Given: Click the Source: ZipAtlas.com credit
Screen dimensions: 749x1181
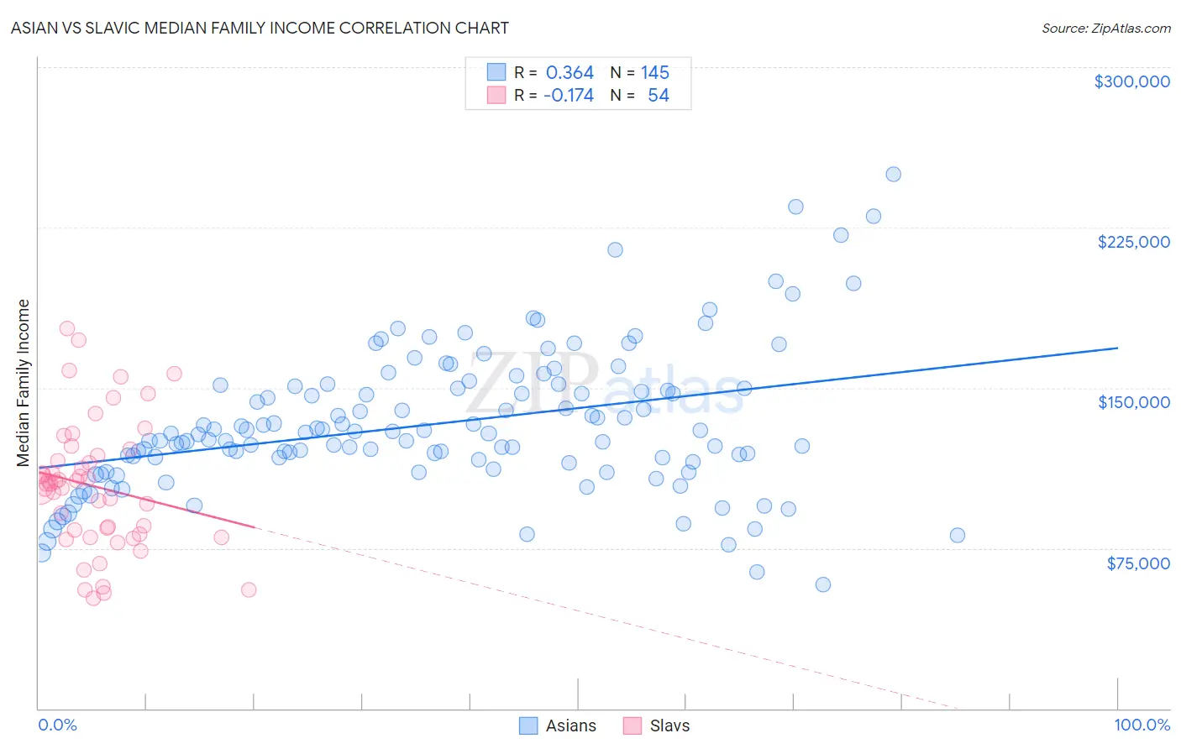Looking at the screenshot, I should tap(1105, 28).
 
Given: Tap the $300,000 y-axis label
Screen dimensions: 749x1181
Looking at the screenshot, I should tap(1131, 81).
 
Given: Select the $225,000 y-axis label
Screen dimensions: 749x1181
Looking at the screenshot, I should tap(1133, 242).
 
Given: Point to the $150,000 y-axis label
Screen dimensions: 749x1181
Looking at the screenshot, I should tap(1133, 402).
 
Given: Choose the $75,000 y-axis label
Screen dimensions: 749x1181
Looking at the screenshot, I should tap(1137, 563).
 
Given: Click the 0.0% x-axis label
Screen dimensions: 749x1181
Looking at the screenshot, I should tap(57, 725).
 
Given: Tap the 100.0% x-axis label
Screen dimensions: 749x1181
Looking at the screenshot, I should tap(1142, 725).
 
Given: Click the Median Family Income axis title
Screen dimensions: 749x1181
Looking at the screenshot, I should tap(24, 382).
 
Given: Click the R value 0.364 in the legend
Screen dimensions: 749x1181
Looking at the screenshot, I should tap(570, 73).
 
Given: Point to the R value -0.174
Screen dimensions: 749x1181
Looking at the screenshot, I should tap(568, 96).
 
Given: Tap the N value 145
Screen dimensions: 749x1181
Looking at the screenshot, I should tap(654, 73).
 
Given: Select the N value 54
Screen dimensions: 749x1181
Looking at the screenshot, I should tap(658, 96).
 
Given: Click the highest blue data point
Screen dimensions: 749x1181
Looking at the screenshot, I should tap(893, 175).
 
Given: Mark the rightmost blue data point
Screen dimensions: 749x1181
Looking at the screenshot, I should tap(957, 536).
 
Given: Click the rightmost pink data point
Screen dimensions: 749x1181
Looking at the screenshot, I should tap(248, 589).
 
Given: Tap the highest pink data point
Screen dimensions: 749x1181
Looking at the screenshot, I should tap(67, 329).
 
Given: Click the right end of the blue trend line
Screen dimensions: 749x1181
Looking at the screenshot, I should tap(1117, 348).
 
